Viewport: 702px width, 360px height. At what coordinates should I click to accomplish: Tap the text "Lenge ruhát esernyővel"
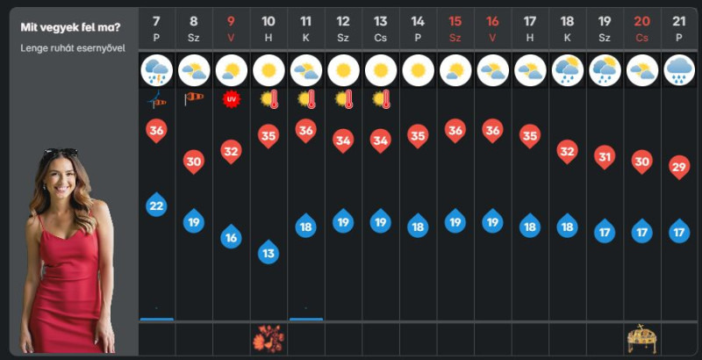[73, 48]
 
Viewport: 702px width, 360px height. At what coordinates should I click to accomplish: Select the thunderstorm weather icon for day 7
[157, 70]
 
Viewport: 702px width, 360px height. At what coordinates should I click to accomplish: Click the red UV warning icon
[231, 99]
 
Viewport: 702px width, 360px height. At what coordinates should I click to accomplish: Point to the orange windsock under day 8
[194, 98]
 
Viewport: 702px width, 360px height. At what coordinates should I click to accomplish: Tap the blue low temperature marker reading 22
[157, 205]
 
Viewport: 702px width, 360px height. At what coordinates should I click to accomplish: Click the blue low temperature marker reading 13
[269, 252]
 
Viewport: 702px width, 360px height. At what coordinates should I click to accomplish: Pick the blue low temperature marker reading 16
[231, 236]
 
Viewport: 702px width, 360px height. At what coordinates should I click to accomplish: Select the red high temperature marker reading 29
[679, 168]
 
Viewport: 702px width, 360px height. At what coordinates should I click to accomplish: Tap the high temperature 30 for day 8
[194, 162]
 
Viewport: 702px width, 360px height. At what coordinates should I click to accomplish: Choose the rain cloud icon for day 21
[679, 70]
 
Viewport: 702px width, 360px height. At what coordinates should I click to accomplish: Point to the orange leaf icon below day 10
[268, 339]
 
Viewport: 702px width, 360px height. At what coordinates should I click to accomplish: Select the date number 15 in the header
[455, 21]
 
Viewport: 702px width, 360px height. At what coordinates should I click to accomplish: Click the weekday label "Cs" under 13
[381, 38]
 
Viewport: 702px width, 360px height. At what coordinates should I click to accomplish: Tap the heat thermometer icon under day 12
[343, 99]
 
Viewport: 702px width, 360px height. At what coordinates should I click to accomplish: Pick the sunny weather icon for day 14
[419, 70]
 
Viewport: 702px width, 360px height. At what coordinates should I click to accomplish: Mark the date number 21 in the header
[679, 21]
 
